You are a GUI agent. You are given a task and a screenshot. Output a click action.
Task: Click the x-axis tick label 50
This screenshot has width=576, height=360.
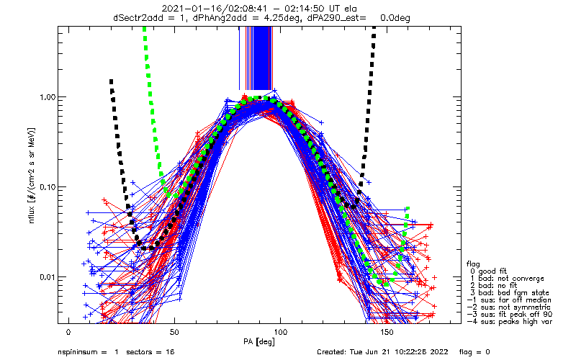pyautogui.click(x=174, y=332)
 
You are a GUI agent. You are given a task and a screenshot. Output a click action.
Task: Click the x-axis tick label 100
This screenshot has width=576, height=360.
pyautogui.click(x=280, y=332)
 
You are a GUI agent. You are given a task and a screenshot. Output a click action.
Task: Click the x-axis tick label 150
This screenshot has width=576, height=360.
pyautogui.click(x=387, y=332)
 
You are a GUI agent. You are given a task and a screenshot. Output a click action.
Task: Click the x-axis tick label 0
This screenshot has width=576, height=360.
pyautogui.click(x=68, y=332)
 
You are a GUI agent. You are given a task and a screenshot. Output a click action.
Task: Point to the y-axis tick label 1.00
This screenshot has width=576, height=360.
pyautogui.click(x=47, y=97)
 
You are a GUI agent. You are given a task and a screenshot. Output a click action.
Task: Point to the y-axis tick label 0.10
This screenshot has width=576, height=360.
pyautogui.click(x=47, y=187)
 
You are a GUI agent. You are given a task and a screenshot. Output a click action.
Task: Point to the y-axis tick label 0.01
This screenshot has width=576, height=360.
pyautogui.click(x=47, y=277)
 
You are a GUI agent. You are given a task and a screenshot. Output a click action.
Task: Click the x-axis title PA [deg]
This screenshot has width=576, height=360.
pyautogui.click(x=259, y=342)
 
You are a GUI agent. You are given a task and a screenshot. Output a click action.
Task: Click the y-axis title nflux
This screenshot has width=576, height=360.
pyautogui.click(x=32, y=214)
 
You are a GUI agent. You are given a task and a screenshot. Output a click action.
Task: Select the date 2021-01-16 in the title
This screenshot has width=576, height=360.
pyautogui.click(x=186, y=9)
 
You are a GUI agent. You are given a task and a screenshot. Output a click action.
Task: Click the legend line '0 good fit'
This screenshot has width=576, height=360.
pyautogui.click(x=488, y=271)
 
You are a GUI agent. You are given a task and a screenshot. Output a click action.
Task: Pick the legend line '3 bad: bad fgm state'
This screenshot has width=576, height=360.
pyautogui.click(x=510, y=293)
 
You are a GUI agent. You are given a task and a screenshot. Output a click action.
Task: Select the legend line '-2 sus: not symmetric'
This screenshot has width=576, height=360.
pyautogui.click(x=509, y=307)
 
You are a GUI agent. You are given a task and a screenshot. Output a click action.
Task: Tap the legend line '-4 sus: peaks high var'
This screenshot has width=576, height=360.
pyautogui.click(x=510, y=321)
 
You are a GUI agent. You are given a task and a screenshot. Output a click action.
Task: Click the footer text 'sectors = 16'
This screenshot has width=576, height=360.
pyautogui.click(x=150, y=352)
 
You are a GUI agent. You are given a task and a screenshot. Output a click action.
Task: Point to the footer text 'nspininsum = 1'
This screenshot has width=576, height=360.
pyautogui.click(x=88, y=352)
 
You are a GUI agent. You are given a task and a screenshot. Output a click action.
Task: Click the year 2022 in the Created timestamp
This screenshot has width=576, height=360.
pyautogui.click(x=440, y=352)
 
